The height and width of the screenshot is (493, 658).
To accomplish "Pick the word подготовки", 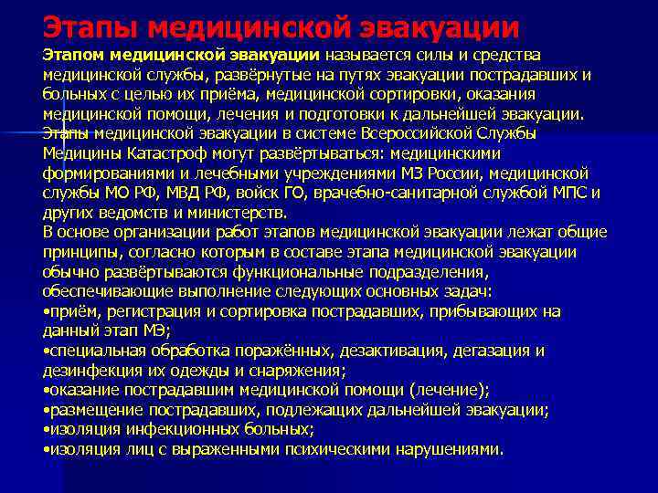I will coord(363,113).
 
